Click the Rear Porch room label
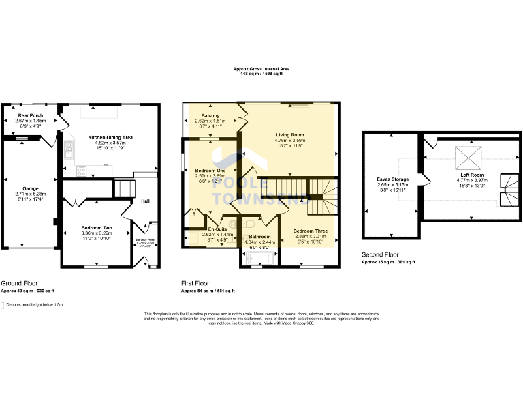tap(31, 115)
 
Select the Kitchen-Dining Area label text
tap(110, 137)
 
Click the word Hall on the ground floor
tap(145, 201)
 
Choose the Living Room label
tap(289, 135)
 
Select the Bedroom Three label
tap(311, 231)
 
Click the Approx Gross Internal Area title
tap(261, 69)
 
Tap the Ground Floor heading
tap(19, 283)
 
